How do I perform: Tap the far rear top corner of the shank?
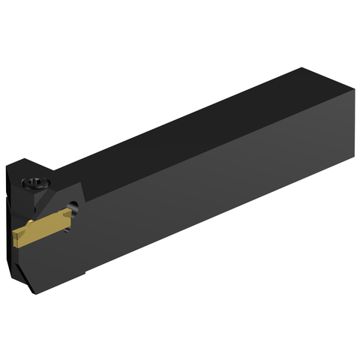tap(302, 68)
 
